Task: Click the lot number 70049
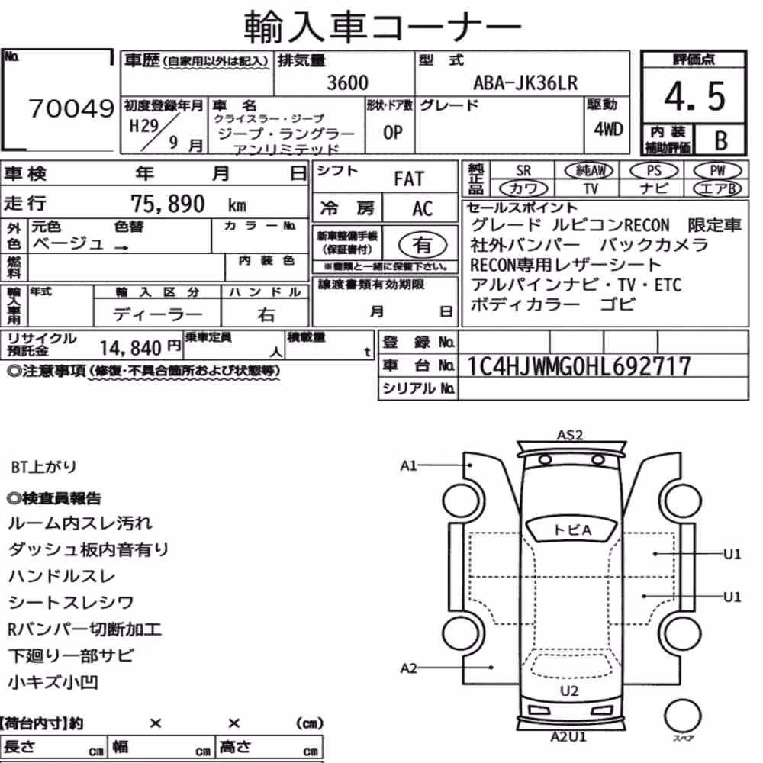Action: [72, 108]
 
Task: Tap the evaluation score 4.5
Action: [694, 96]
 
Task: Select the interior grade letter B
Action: [721, 140]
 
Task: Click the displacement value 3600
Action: [347, 82]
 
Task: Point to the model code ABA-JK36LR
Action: [526, 82]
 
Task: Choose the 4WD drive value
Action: [608, 129]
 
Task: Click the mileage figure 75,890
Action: [168, 204]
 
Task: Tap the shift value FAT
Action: [409, 179]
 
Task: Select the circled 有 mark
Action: [423, 245]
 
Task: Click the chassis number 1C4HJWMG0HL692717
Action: [578, 366]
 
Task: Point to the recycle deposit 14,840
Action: [130, 348]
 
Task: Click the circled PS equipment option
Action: [654, 171]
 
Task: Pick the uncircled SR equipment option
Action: [523, 171]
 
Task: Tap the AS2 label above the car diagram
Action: [570, 435]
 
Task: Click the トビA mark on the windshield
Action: [572, 530]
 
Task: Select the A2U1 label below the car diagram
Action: [568, 737]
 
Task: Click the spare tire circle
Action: [683, 716]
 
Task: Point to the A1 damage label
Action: [408, 465]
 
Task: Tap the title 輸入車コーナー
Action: [382, 26]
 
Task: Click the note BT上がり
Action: [43, 467]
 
